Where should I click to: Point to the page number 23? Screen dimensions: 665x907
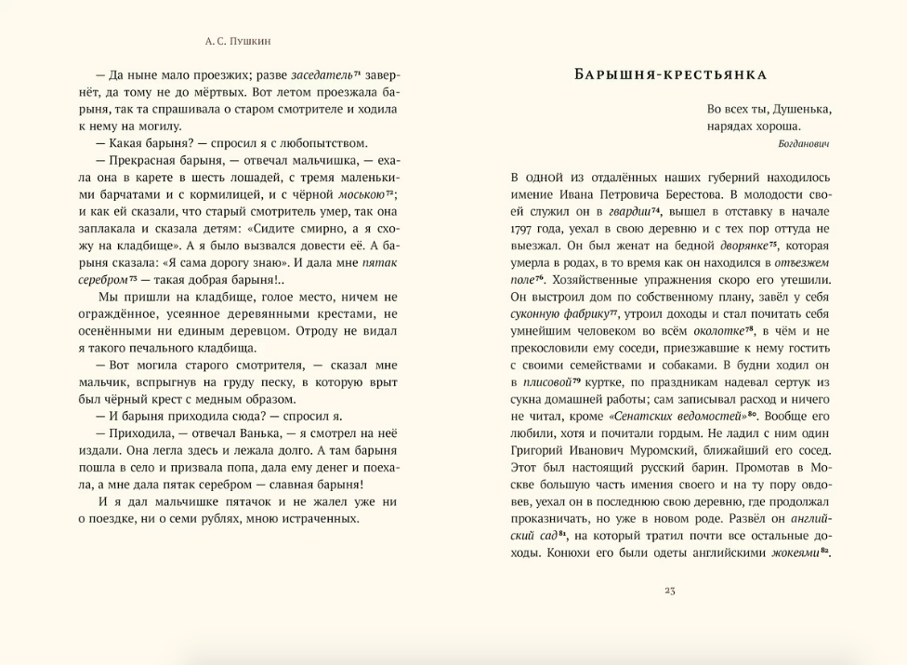click(x=670, y=590)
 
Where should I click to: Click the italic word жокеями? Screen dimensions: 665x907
click(x=796, y=552)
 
